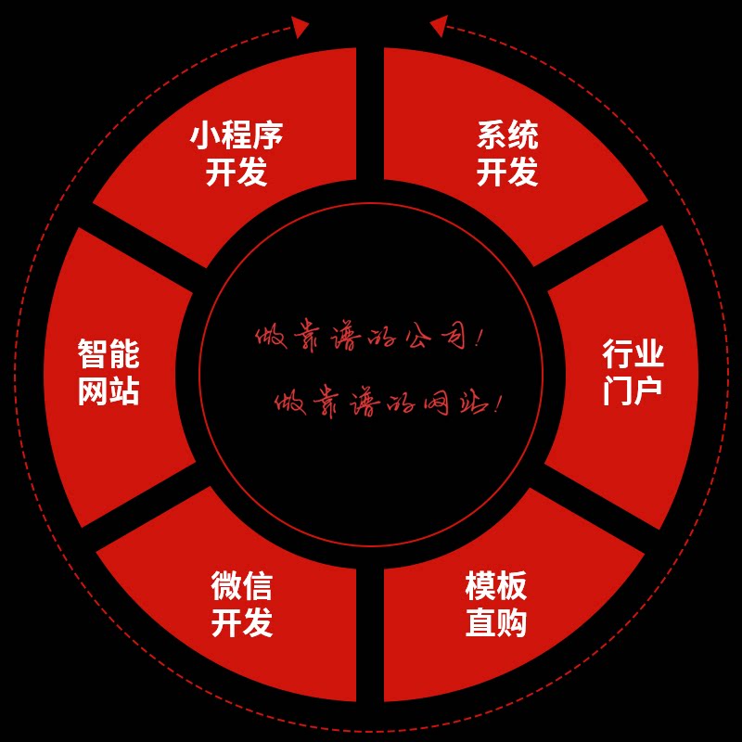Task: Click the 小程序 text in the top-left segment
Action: pos(237,136)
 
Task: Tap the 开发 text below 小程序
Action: pos(237,172)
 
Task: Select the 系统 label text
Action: pos(507,136)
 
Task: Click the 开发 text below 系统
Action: pos(507,172)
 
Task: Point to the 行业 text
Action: pos(633,353)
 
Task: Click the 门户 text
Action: pos(633,390)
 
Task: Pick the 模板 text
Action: pos(496,586)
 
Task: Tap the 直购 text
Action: pos(496,622)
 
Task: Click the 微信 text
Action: pos(242,586)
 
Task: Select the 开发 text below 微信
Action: pos(242,622)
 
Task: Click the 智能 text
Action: pos(109,353)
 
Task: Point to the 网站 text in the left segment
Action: pos(109,390)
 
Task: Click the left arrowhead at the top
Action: pos(301,27)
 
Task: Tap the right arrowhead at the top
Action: pos(438,25)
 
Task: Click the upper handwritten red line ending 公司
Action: pos(369,338)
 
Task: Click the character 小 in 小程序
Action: pos(206,136)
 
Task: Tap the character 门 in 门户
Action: pos(617,390)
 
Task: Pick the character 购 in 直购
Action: pos(512,622)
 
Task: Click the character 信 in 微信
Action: pos(258,586)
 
